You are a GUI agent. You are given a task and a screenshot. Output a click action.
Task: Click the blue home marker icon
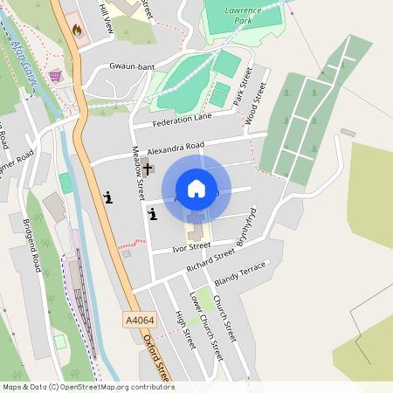[196, 188]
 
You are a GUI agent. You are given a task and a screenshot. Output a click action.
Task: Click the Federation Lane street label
[183, 120]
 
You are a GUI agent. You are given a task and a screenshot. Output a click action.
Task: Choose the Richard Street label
[211, 257]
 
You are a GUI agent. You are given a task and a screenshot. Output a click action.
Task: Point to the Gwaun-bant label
[132, 65]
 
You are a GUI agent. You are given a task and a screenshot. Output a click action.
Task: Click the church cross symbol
[148, 169]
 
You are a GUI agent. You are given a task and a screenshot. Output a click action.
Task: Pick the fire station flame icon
[77, 30]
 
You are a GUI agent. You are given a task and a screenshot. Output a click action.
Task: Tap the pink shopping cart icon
[57, 76]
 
